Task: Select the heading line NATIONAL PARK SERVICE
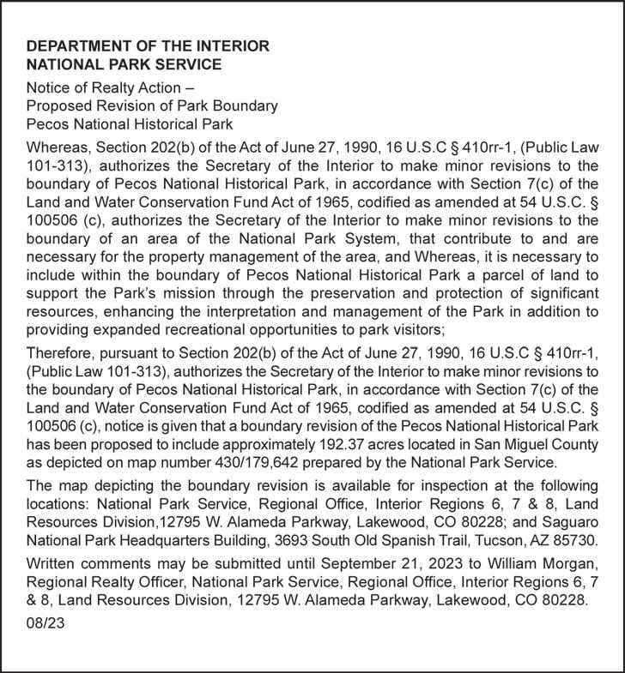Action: [124, 63]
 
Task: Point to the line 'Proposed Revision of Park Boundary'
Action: [152, 105]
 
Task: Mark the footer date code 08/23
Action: [45, 625]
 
